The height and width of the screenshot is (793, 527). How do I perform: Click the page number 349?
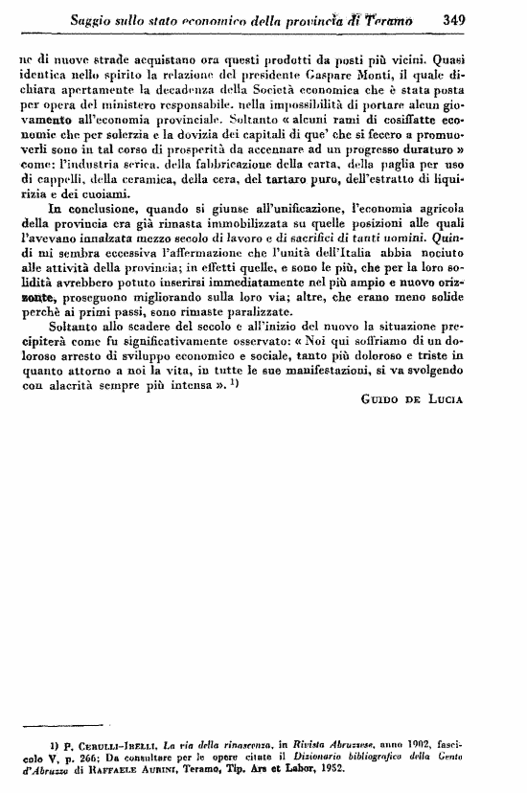point(449,16)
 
